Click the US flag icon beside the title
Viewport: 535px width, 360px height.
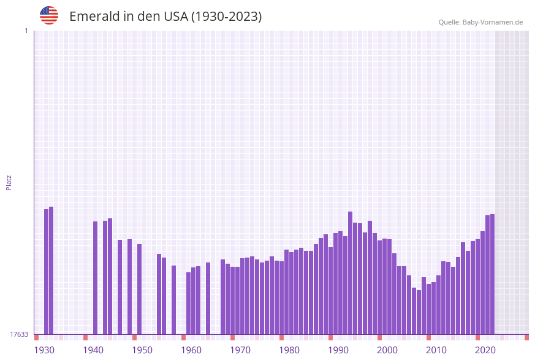(49, 15)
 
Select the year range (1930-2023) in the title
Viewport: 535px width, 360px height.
(227, 17)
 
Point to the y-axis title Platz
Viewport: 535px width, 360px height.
(9, 182)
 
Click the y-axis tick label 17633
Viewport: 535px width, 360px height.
(19, 334)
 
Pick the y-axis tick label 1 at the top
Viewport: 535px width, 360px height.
(26, 31)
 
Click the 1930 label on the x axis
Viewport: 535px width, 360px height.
(44, 350)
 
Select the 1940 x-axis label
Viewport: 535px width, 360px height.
(93, 350)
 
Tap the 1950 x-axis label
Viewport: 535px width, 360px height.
(142, 350)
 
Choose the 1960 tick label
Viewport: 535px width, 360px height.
(191, 350)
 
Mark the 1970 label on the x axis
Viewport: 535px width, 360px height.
(240, 350)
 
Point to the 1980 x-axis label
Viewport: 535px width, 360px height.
(289, 350)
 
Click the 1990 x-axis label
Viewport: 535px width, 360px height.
(338, 350)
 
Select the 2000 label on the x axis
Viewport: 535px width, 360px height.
(387, 350)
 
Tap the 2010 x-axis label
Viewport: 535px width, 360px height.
(436, 350)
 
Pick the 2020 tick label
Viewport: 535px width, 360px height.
(485, 350)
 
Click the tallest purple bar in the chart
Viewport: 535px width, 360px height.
(51, 270)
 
